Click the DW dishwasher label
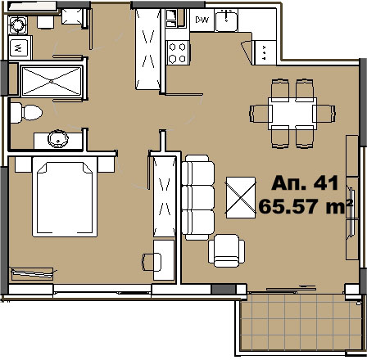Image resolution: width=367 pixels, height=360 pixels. pos(202,20)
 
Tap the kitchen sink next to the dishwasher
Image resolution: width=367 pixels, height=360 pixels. pos(226,20)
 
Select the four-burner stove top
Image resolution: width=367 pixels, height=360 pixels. pos(178,52)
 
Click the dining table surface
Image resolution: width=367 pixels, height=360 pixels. pos(292,113)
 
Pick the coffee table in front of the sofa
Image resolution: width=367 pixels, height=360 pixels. pos(241,197)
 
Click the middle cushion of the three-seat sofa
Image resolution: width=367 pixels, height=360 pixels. pos(198,197)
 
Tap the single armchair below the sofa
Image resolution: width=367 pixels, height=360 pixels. pos(226,250)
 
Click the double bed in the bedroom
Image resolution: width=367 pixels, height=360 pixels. pos(65,196)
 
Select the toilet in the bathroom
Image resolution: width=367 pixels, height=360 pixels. pos(26,112)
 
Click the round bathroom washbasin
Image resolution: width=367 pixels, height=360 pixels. pos(58,139)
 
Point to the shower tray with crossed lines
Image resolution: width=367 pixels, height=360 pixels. pos(52,81)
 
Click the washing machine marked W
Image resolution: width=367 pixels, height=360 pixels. pos(19,48)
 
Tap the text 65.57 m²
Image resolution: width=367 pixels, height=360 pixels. pos(306,206)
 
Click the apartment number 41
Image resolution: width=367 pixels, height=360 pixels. pos(326,182)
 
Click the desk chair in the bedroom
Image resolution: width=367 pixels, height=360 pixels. pos(152,262)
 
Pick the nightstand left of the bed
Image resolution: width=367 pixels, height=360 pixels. pos(24,164)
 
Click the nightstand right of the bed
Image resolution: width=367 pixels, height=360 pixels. pos(106,164)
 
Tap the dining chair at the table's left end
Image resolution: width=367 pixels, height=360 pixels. pos(259,114)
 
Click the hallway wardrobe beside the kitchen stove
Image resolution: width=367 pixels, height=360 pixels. pos(147,49)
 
